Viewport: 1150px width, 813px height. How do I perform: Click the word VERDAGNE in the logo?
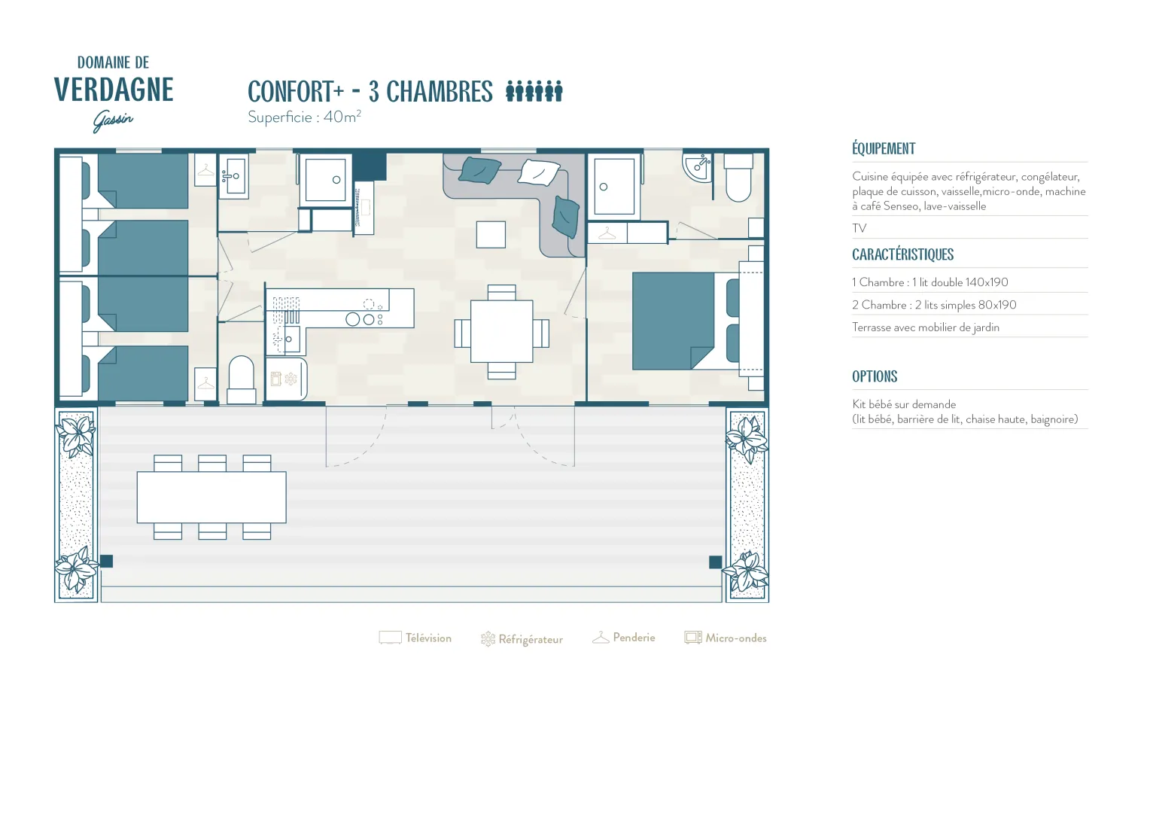coord(114,90)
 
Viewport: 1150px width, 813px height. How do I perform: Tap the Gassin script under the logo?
coord(112,121)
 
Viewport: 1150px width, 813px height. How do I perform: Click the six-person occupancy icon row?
coord(534,91)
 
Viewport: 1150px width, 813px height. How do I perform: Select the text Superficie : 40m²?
coord(305,117)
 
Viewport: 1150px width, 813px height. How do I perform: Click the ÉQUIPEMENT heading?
coord(884,148)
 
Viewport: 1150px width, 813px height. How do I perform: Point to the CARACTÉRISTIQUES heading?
coord(902,254)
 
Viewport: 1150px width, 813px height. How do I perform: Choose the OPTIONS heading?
coord(875,376)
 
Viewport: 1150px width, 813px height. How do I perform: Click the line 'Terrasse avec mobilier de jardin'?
coord(926,327)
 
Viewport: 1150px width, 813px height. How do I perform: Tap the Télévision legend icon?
coord(390,638)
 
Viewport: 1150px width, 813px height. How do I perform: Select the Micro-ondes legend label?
coord(736,638)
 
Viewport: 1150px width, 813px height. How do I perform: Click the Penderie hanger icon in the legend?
coord(601,638)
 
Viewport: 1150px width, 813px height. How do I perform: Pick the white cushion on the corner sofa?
coord(538,172)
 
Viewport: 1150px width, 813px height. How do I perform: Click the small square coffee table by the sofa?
coord(491,235)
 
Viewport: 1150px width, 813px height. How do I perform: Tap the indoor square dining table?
coord(501,331)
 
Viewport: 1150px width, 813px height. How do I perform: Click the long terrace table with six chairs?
coord(211,497)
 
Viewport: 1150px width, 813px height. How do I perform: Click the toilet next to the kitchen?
coord(242,379)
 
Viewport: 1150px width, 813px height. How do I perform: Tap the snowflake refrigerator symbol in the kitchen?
coord(291,379)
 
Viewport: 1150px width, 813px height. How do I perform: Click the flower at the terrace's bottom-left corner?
coord(76,569)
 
